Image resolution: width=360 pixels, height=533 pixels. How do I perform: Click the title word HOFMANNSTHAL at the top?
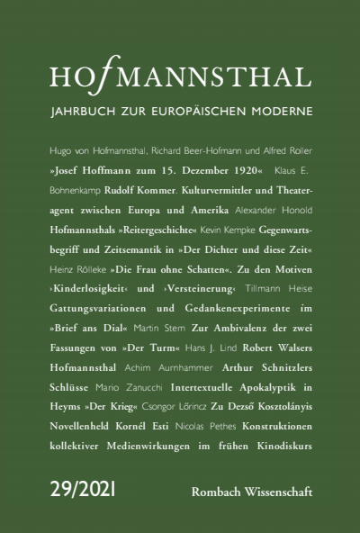[x=180, y=81]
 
